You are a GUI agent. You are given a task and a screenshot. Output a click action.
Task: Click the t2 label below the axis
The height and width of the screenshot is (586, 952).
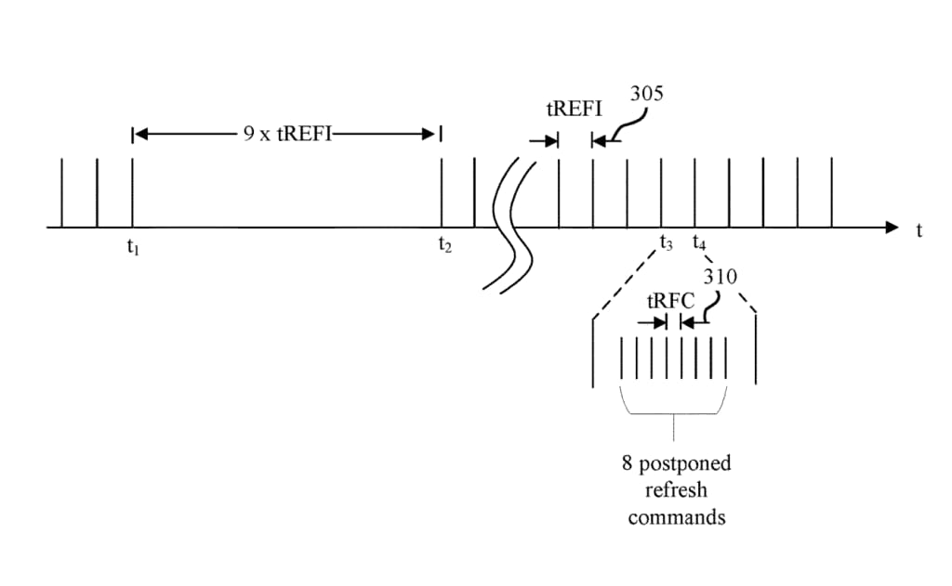[x=444, y=246]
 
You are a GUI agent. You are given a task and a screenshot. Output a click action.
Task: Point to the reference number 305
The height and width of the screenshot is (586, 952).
[x=647, y=94]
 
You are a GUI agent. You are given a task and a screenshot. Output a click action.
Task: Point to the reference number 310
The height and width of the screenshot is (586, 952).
[x=721, y=277]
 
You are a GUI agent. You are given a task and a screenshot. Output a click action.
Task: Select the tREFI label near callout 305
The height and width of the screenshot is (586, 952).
[x=574, y=110]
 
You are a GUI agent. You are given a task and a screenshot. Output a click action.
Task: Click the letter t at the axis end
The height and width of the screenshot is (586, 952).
[x=919, y=230]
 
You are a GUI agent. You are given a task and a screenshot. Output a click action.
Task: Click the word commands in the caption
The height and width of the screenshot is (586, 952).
[x=676, y=517]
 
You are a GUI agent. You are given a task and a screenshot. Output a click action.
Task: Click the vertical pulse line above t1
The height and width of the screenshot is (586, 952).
[x=133, y=192]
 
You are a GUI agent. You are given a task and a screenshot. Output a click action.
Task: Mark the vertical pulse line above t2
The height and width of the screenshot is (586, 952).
[x=442, y=192]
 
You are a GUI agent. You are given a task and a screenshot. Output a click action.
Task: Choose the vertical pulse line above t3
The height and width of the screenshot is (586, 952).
[x=661, y=192]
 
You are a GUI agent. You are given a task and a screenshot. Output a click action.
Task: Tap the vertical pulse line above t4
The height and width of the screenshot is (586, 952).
[x=695, y=192]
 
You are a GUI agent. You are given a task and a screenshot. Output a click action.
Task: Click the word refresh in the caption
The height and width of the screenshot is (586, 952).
[x=676, y=490]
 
